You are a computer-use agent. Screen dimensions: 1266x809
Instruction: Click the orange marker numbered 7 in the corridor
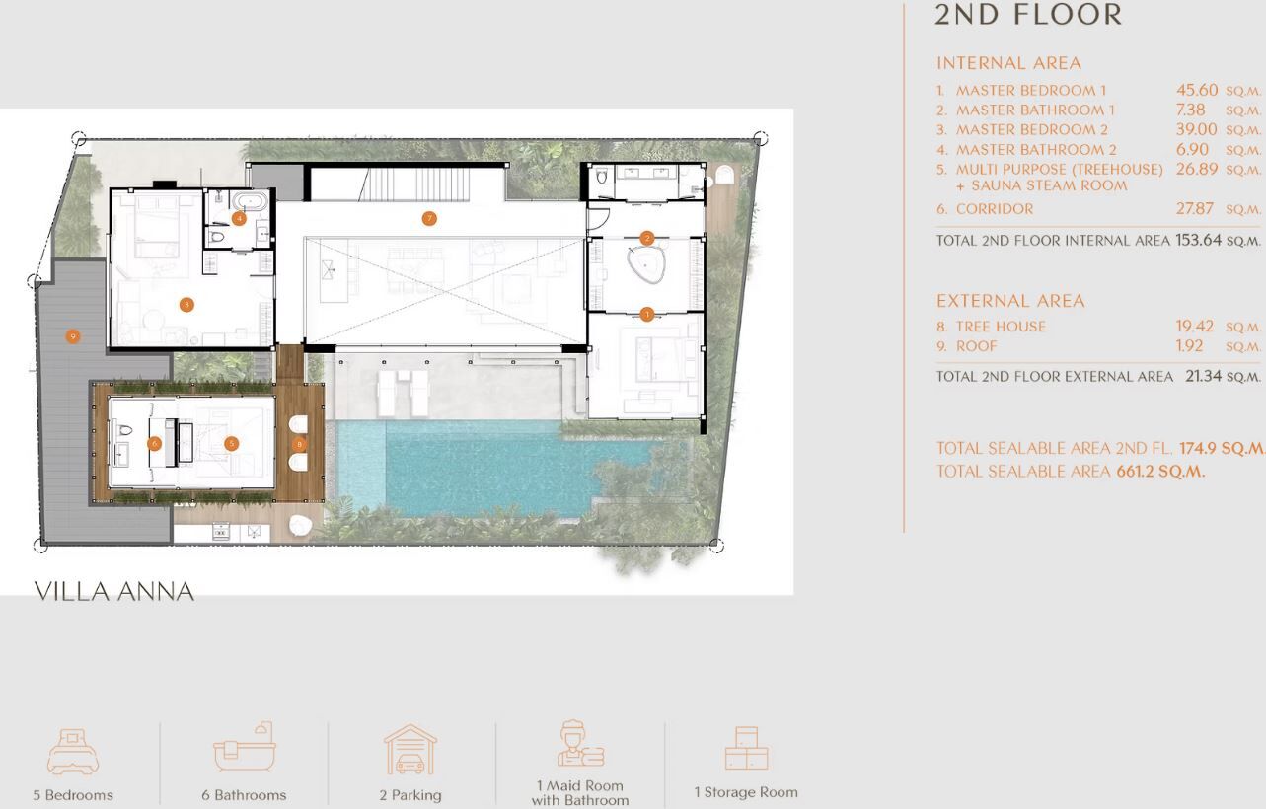(429, 218)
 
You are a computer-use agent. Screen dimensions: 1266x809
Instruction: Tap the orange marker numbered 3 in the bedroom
(186, 305)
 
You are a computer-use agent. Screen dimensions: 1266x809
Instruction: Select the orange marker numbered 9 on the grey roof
(72, 336)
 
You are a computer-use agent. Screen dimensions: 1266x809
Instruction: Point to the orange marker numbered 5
(231, 444)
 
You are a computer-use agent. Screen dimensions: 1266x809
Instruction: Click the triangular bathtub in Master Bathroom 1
(646, 265)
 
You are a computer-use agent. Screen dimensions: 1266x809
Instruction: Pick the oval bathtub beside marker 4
(250, 202)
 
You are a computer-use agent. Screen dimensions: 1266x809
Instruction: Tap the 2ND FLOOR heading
(1028, 15)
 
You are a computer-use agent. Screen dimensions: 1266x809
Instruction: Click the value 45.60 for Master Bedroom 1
(1197, 90)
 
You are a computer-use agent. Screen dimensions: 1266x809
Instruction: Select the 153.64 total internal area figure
(1198, 240)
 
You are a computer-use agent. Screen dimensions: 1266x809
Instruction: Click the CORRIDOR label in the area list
(994, 209)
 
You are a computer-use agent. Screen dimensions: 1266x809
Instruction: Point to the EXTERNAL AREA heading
(1010, 301)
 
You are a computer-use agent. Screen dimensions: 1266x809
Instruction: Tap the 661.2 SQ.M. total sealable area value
(1160, 472)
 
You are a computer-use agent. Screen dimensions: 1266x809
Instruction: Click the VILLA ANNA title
(114, 592)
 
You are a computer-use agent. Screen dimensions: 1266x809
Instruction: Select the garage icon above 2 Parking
(410, 750)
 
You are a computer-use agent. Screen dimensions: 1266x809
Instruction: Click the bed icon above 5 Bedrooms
(73, 751)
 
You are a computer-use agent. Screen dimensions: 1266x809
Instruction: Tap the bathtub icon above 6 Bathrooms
(244, 746)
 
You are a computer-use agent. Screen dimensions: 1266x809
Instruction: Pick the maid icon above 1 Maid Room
(580, 743)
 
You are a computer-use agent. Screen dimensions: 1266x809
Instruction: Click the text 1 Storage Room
(746, 792)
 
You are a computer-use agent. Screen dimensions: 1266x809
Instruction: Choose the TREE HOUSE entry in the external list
(1001, 327)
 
